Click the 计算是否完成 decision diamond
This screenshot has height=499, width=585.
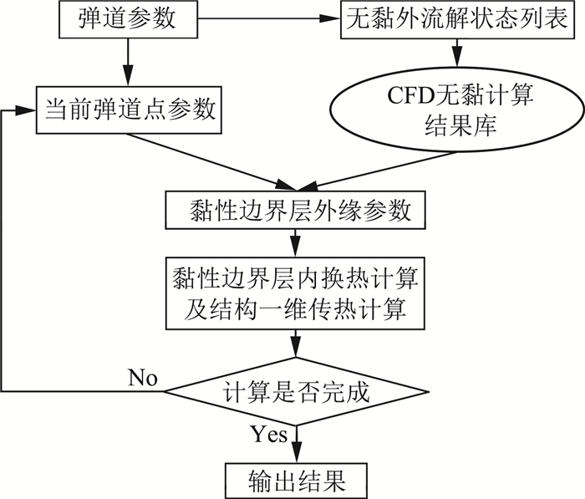(x=294, y=390)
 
